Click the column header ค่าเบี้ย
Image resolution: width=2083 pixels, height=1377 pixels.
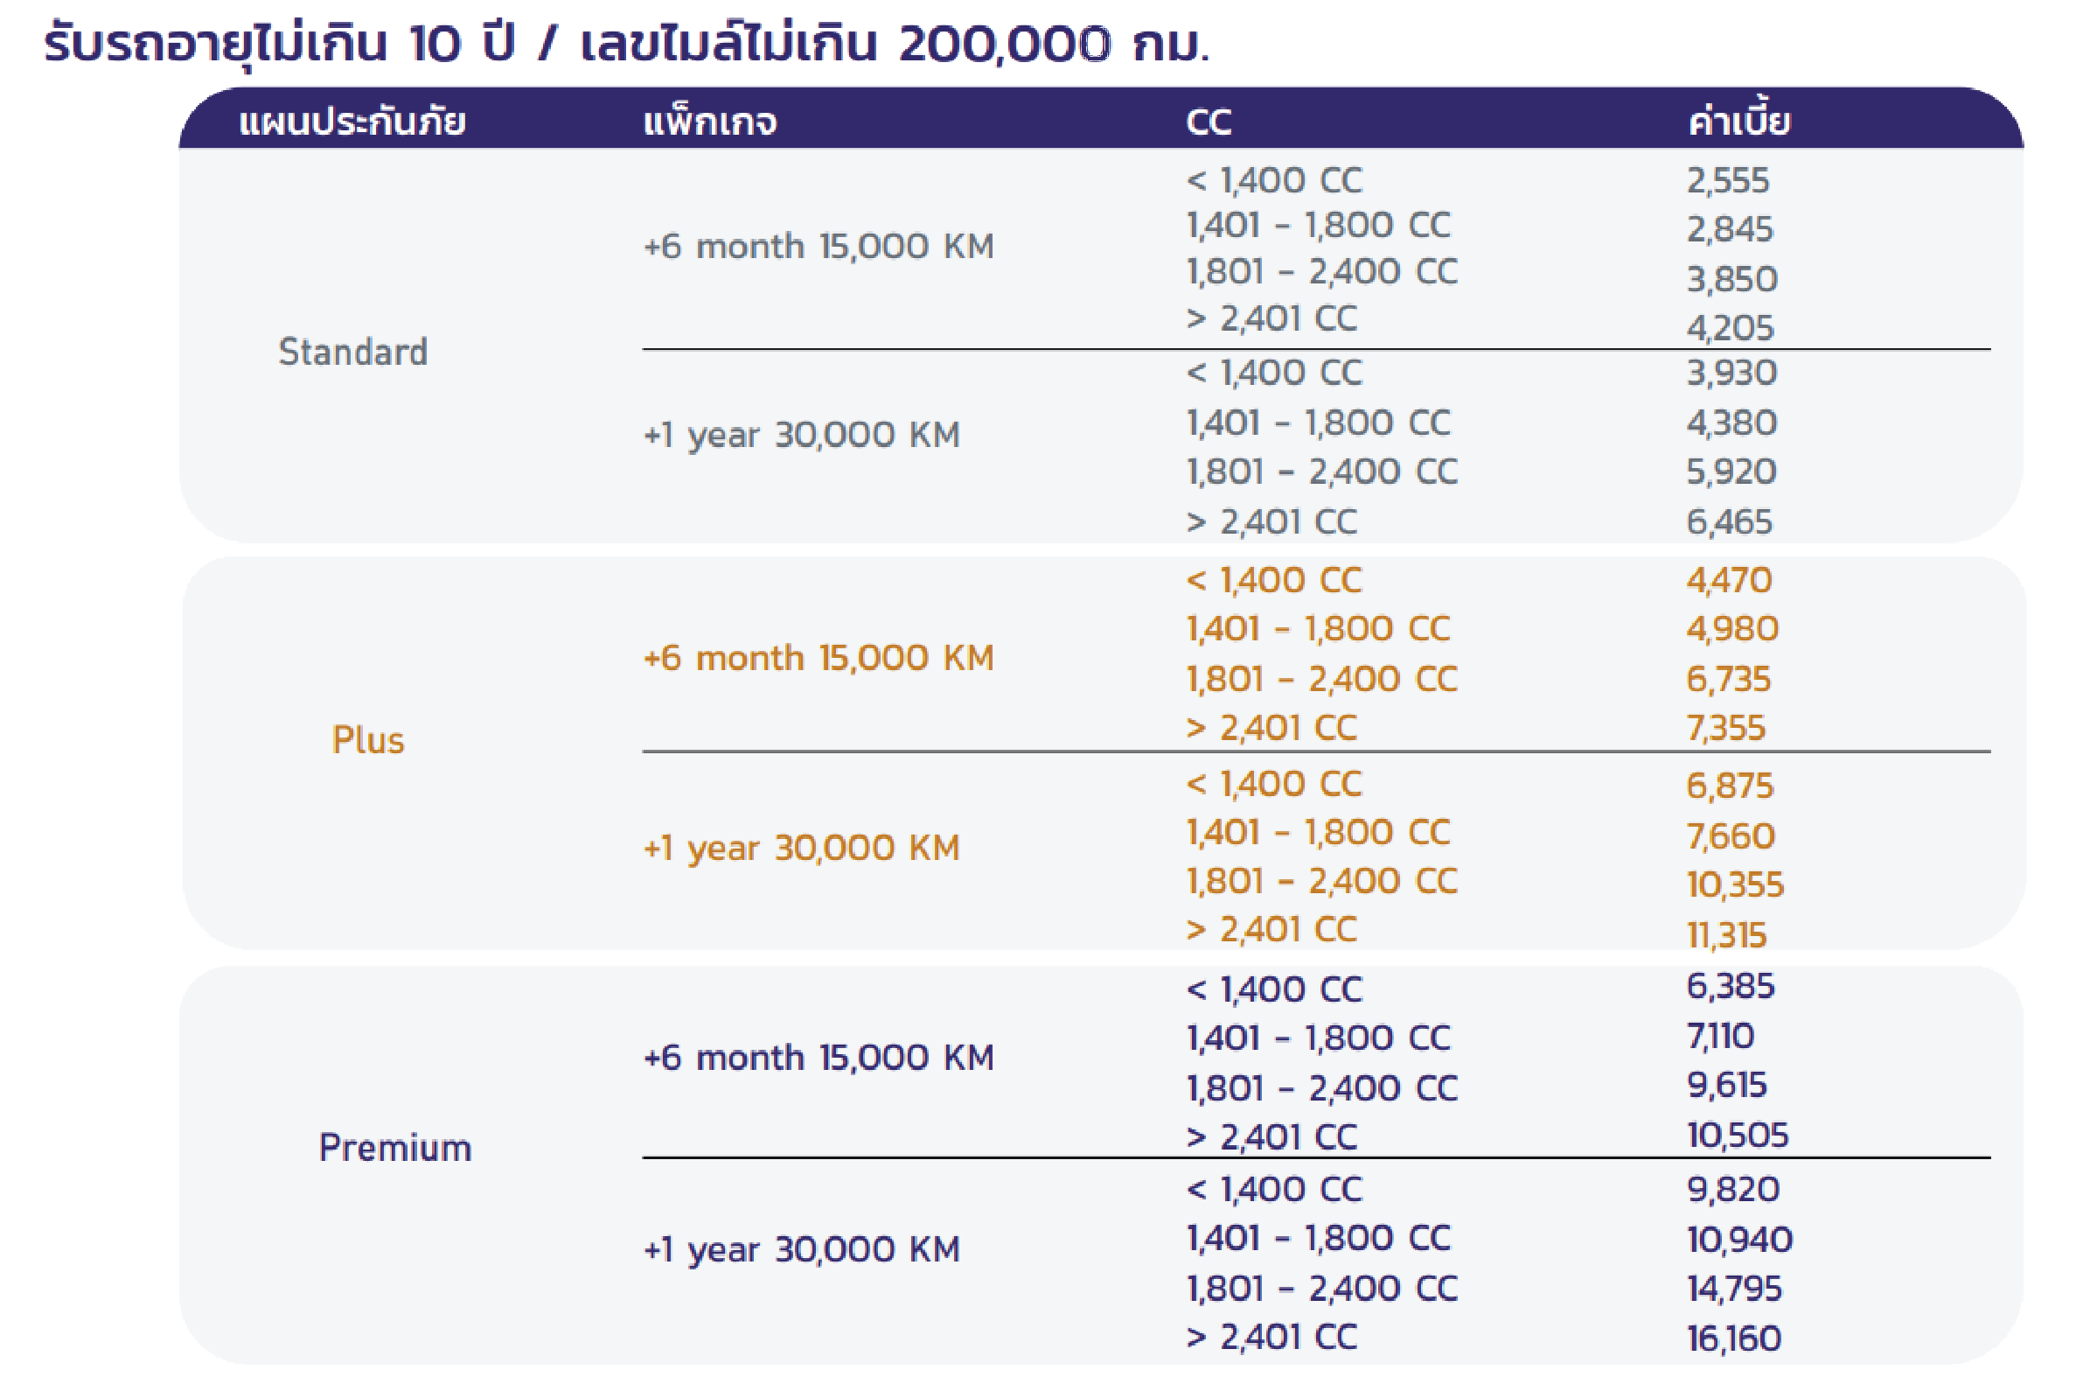(x=1738, y=122)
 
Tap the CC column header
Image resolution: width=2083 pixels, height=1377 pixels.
(x=1208, y=122)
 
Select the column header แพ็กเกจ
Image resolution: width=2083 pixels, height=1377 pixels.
(x=709, y=122)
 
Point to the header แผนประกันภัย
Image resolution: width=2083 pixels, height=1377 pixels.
(x=352, y=122)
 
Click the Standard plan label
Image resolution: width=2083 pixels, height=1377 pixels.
(x=353, y=353)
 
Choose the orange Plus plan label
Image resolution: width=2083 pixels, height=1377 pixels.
(x=368, y=740)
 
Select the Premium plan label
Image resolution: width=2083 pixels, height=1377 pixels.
(x=395, y=1148)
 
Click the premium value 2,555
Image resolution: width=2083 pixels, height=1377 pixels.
(x=1727, y=181)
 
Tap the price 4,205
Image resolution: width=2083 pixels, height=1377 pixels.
(x=1730, y=328)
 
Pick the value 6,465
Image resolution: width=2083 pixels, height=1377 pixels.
(x=1729, y=522)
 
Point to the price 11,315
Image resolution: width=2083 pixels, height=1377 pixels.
(x=1725, y=935)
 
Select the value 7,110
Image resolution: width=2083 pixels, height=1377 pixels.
(x=1719, y=1037)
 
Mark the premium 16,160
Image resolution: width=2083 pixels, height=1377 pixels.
(x=1733, y=1339)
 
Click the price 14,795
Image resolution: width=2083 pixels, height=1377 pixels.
(x=1733, y=1289)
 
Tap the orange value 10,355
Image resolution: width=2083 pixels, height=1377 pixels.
(x=1734, y=885)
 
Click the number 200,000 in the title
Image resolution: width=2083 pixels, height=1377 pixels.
(x=1005, y=44)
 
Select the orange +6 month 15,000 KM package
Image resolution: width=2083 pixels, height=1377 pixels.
(x=819, y=658)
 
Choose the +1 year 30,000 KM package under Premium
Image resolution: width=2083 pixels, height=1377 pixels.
(x=801, y=1248)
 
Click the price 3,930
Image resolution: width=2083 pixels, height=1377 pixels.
(x=1731, y=374)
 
